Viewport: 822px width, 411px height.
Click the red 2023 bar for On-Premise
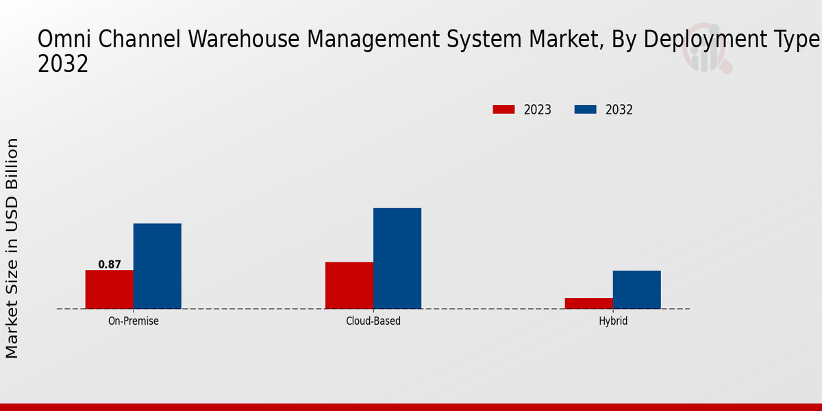[x=109, y=289]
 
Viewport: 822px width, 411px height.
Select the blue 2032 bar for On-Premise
[x=157, y=266]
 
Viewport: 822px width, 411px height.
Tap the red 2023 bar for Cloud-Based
[x=349, y=285]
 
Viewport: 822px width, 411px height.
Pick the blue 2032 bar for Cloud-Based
[x=397, y=258]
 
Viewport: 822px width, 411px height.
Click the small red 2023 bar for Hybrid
[x=588, y=303]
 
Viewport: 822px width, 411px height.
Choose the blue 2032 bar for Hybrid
[x=636, y=289]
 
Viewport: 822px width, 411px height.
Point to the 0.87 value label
[x=110, y=264]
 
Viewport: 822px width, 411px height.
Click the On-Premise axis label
[x=133, y=321]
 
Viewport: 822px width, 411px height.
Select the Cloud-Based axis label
[x=373, y=321]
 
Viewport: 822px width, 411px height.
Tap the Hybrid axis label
[x=612, y=321]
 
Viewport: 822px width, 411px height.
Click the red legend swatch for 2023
[x=503, y=110]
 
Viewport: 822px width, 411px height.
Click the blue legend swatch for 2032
[x=585, y=110]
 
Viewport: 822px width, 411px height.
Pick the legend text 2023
[x=538, y=110]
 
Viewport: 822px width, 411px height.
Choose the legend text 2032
[x=619, y=110]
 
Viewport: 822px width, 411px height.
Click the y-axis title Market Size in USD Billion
[x=12, y=248]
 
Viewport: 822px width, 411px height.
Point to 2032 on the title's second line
[x=62, y=64]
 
